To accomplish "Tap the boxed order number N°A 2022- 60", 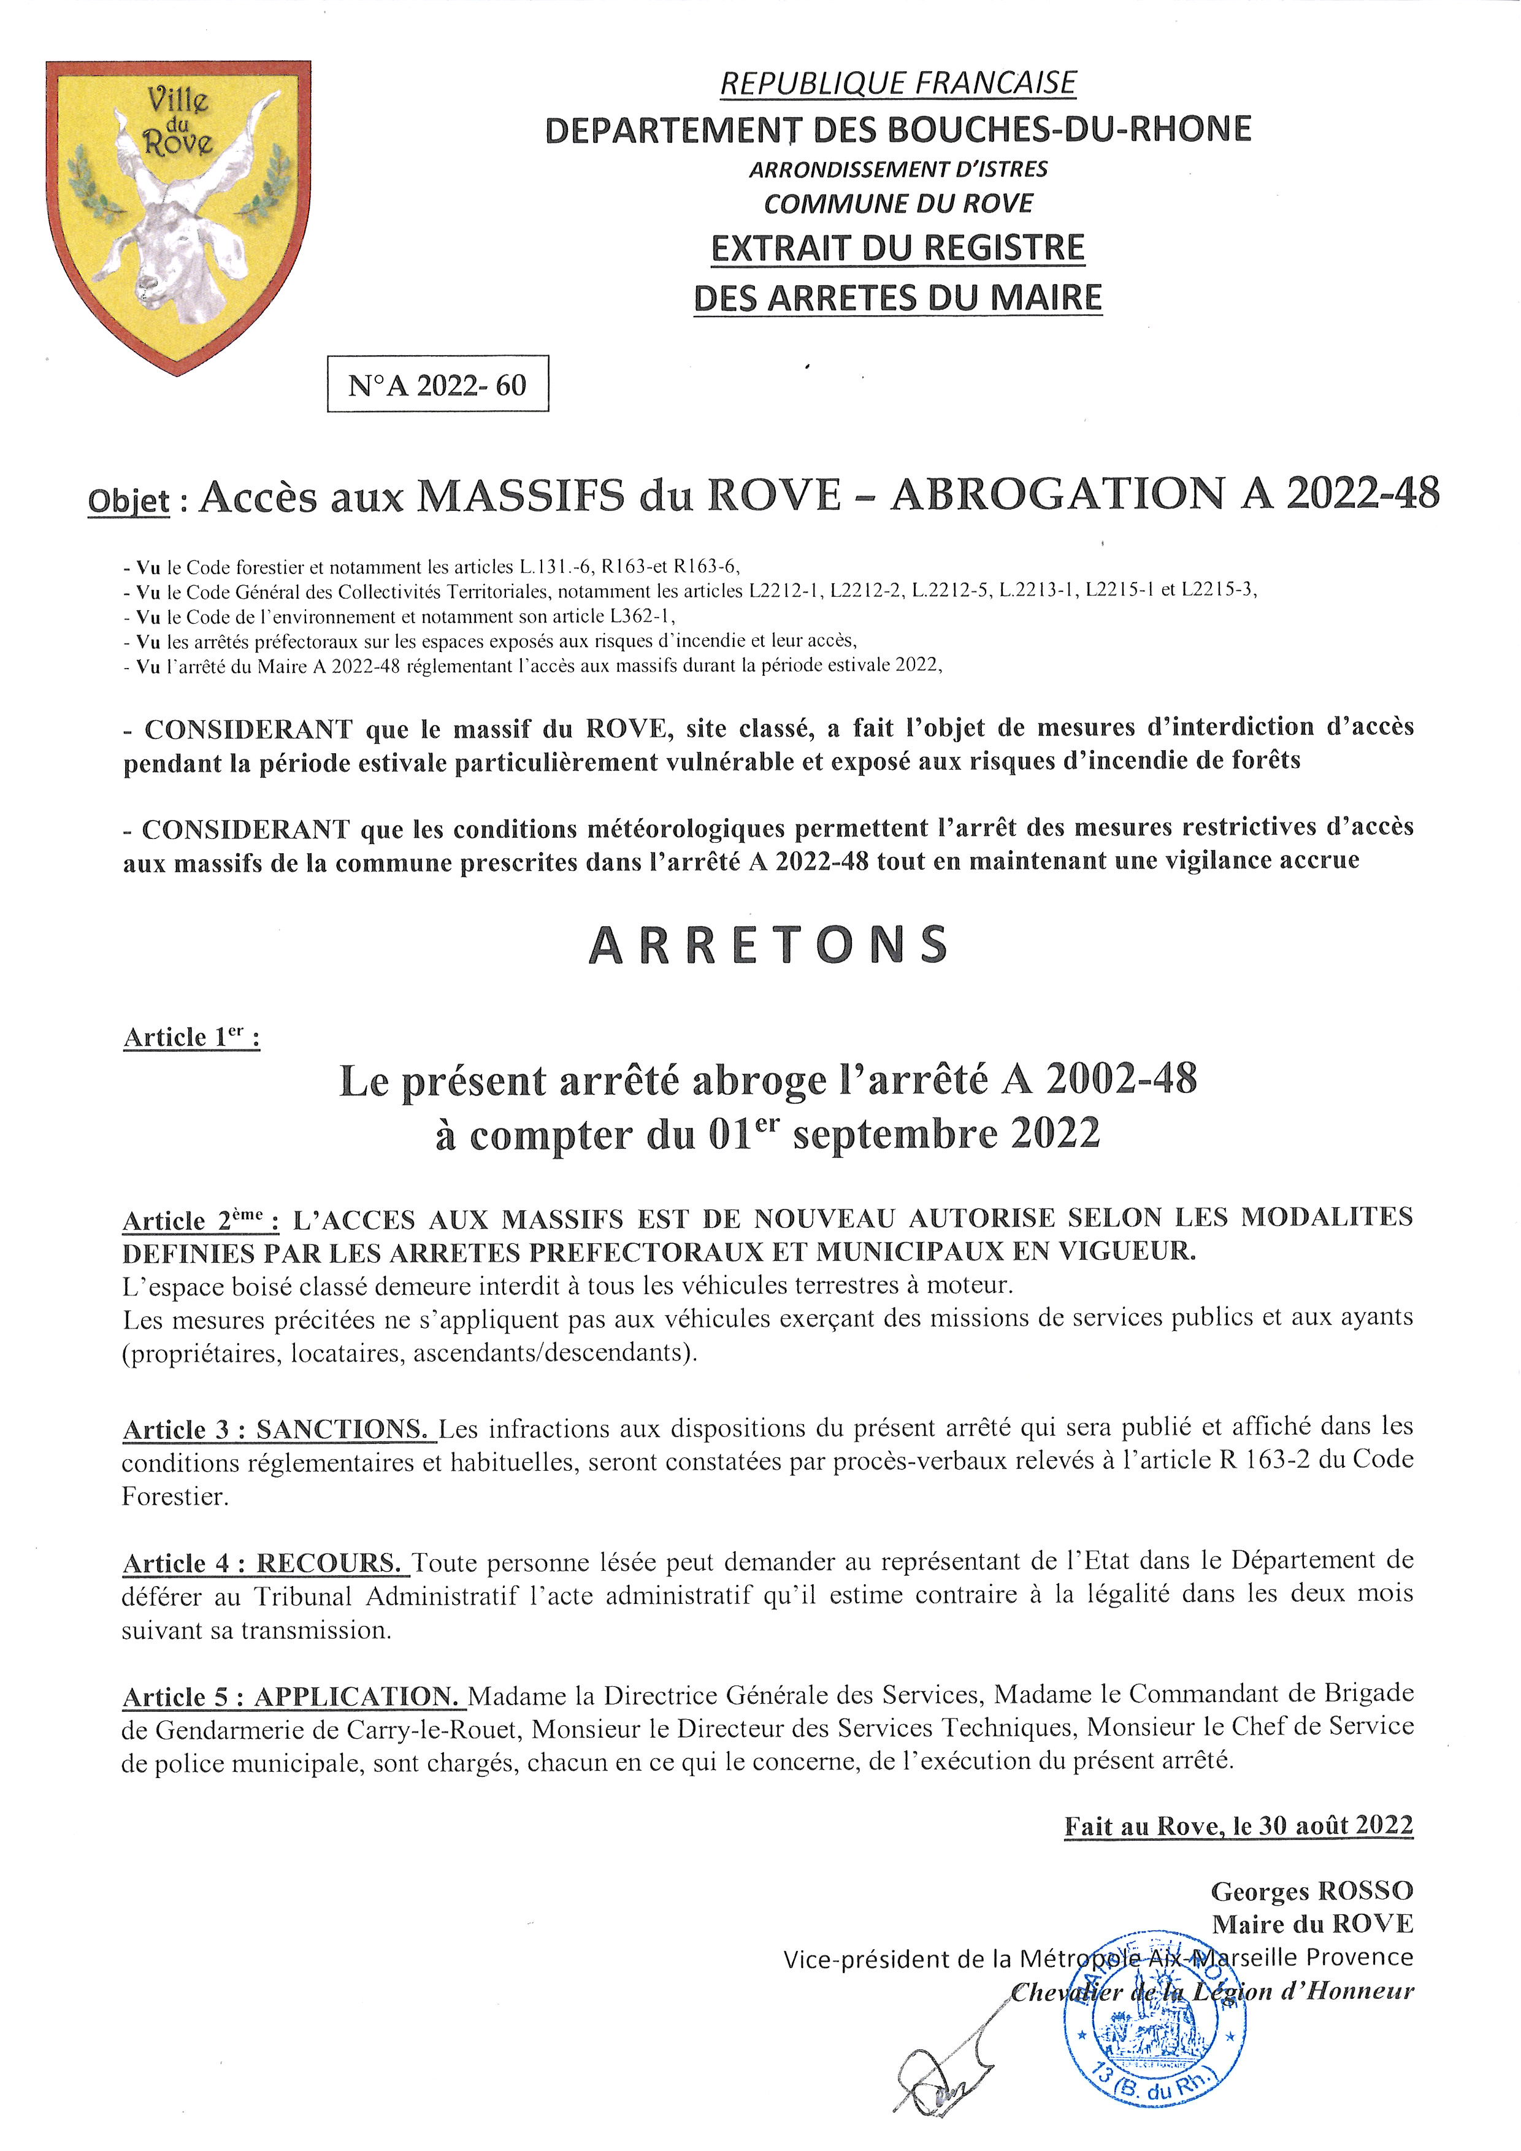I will (437, 384).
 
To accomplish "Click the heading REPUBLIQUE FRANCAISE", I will (897, 83).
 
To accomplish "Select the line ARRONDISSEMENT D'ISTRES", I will (897, 169).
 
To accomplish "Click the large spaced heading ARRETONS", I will (768, 945).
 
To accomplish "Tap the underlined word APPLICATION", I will (357, 1697).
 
